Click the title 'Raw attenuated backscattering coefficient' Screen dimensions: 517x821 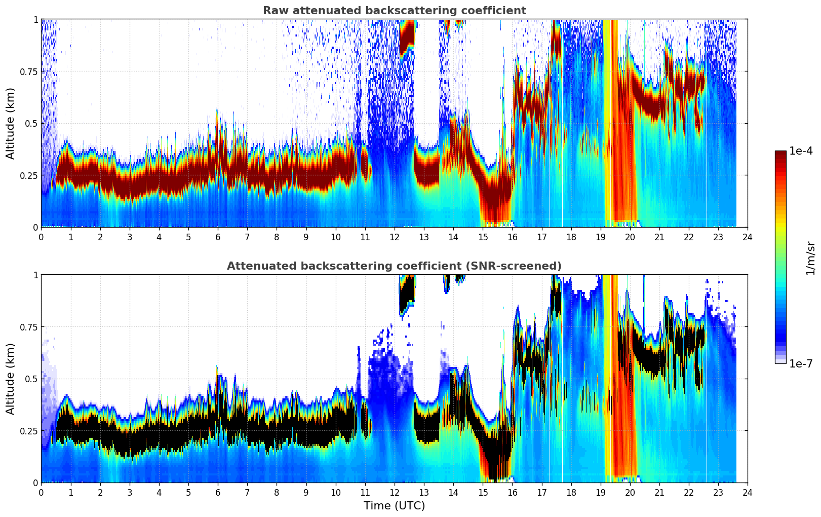point(394,11)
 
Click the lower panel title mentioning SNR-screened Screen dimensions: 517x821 point(394,266)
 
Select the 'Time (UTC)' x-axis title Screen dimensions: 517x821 point(394,506)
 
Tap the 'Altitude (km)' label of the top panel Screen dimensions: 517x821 point(11,123)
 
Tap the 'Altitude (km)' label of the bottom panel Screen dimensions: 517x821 point(11,379)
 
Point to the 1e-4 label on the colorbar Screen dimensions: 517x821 point(800,151)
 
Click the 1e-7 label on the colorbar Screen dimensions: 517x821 point(800,363)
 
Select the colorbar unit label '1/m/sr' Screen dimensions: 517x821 point(810,258)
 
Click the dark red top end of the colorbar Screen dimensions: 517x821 point(780,154)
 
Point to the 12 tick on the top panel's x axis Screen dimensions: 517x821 point(395,237)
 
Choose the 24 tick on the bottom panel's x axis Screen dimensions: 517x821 point(748,492)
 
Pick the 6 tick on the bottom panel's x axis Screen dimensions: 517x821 point(218,492)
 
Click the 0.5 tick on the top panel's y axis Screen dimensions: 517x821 point(31,123)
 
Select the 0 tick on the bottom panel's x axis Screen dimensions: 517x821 point(42,492)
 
